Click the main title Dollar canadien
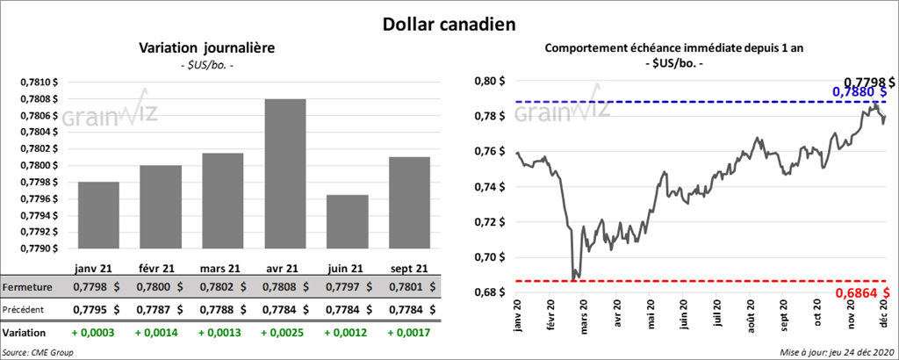click(449, 24)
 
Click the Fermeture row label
click(27, 287)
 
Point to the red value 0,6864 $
click(865, 292)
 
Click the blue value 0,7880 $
click(861, 91)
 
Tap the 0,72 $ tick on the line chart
click(491, 222)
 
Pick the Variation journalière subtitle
click(207, 48)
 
